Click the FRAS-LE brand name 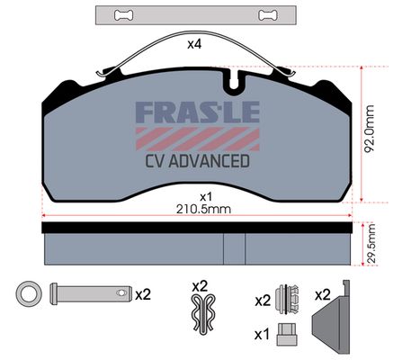[198, 112]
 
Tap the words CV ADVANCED [198, 161]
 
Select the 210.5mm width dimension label [203, 209]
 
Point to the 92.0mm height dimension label [369, 129]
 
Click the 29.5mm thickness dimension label [371, 244]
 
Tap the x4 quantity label [194, 44]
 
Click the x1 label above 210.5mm [206, 197]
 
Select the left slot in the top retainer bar [124, 15]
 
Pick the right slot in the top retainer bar [268, 15]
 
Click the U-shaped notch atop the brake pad [235, 80]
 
